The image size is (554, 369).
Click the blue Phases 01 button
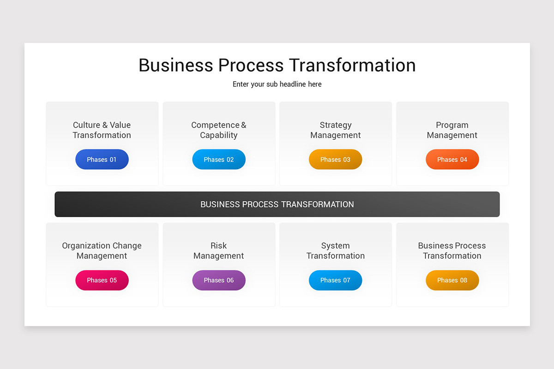pos(102,160)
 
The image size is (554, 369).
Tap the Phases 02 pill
pos(219,160)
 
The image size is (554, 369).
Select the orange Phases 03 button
pos(336,160)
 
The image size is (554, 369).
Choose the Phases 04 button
pos(452,160)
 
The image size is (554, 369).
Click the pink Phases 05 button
pos(102,280)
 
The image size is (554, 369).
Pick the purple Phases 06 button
pos(219,280)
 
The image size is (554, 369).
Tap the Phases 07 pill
pos(336,280)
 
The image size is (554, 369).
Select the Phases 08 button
pos(452,280)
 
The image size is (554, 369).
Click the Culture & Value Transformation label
pos(102,130)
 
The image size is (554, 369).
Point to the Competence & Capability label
pos(219,130)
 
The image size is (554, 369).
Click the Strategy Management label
pos(336,130)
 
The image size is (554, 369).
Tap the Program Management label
pos(452,130)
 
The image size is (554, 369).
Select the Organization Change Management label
pos(102,251)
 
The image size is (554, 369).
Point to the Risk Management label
pos(219,251)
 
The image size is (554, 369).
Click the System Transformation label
pos(336,251)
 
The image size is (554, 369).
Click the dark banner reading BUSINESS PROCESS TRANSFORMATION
pos(277,204)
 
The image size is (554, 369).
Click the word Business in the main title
pos(175,65)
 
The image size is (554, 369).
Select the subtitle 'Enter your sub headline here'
pos(277,84)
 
